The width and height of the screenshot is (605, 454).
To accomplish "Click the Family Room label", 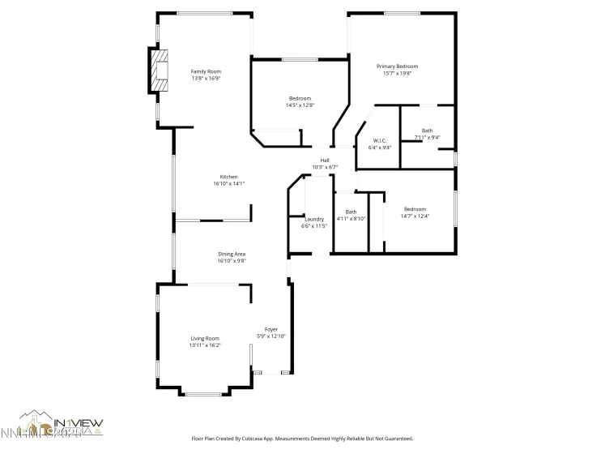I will point(206,71).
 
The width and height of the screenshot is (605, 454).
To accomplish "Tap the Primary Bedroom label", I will point(397,66).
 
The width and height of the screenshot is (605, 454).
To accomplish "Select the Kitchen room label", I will point(229,177).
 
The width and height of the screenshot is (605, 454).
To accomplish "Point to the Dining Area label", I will point(232,254).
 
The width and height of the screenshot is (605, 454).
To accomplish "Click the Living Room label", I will point(205,338).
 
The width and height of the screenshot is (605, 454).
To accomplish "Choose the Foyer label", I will point(271,329).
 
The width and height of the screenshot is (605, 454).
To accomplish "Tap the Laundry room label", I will point(314,219).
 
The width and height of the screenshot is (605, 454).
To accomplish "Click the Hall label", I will point(325,160).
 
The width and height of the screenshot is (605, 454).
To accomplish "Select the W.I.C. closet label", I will point(380,140).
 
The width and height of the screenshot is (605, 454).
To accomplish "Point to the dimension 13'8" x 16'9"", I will point(206,79).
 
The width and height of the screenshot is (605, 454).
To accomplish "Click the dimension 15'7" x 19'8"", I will point(397,73).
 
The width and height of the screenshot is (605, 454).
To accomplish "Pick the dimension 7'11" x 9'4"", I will point(427,137).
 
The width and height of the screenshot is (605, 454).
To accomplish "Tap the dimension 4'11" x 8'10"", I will point(351,218).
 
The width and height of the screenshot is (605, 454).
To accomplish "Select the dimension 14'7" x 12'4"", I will point(415,216).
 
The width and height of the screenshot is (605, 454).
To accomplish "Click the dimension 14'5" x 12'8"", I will point(300,105).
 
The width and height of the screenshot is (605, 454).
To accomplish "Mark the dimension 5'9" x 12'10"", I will point(271,336).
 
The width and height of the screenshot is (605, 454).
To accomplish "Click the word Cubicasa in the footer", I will point(264,439).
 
